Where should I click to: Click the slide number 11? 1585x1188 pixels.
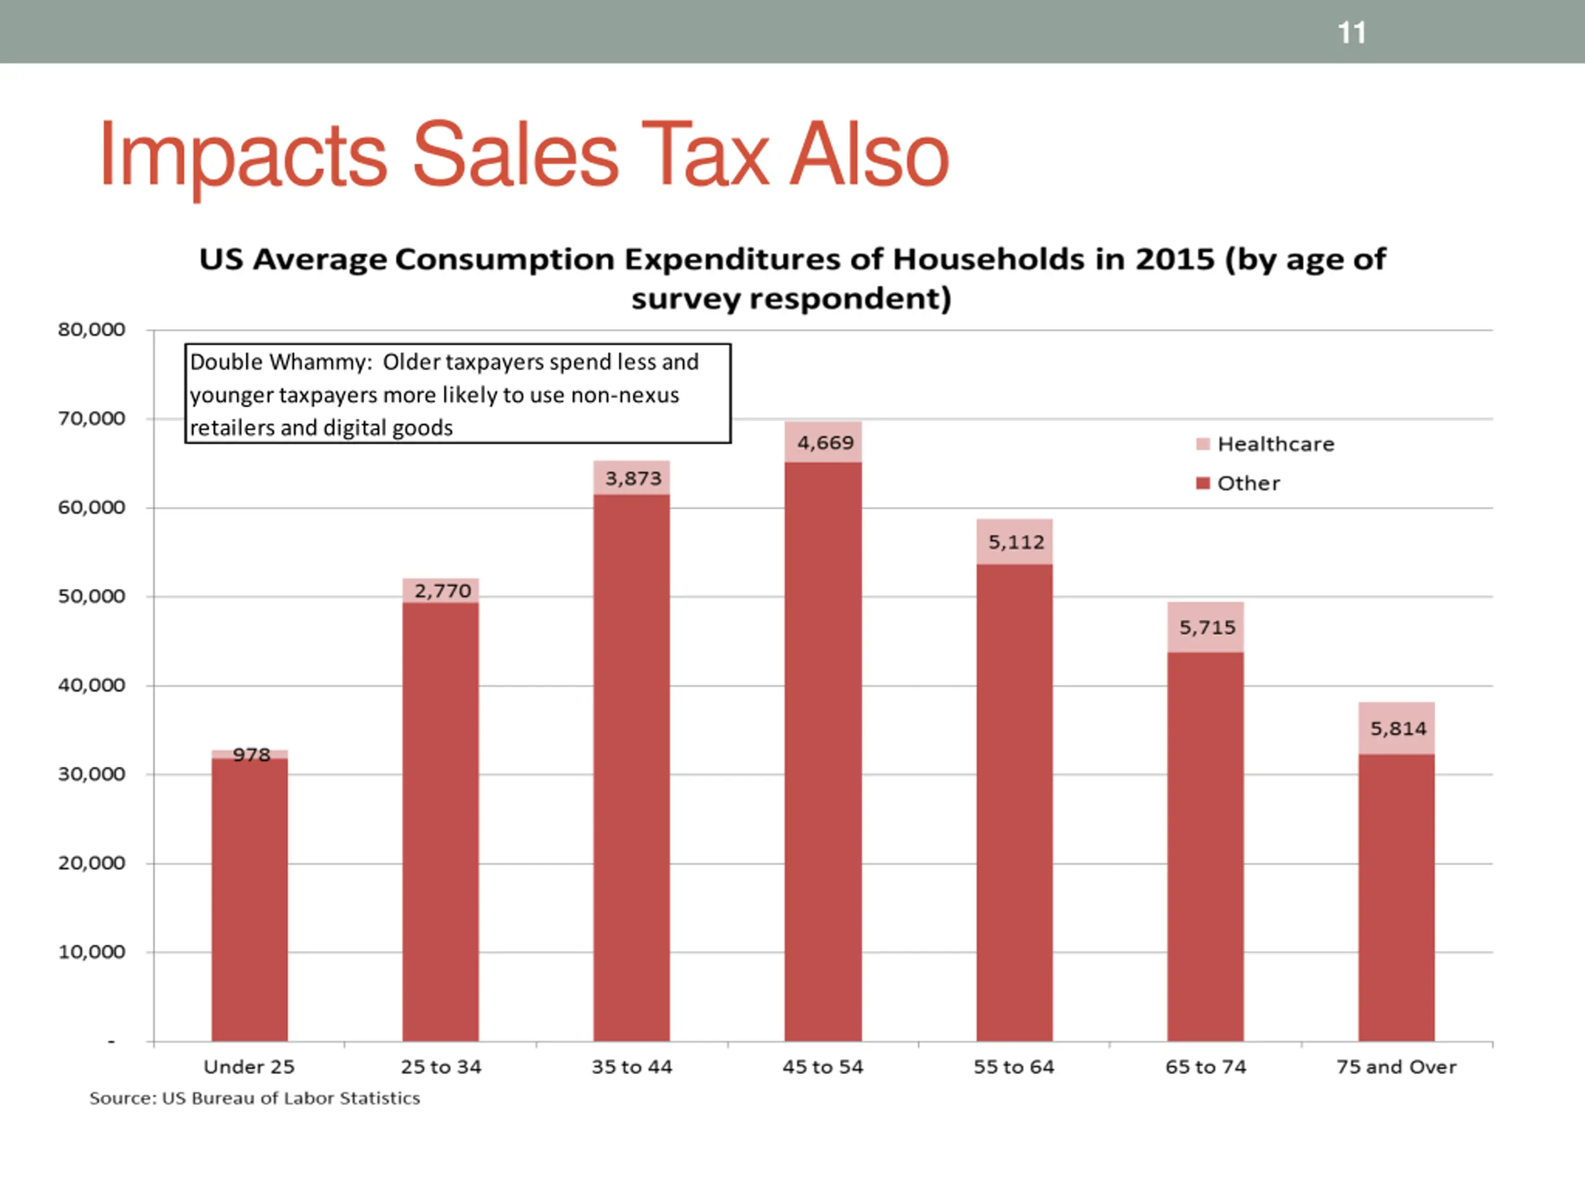click(1352, 33)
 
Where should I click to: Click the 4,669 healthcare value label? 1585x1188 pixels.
click(825, 442)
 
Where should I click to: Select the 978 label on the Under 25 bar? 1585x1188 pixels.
click(251, 754)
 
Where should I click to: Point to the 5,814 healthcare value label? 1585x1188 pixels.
click(1398, 728)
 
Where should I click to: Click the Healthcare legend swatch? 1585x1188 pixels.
click(1203, 444)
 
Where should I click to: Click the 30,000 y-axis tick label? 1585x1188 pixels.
click(91, 774)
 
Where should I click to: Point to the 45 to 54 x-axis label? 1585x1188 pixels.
click(823, 1067)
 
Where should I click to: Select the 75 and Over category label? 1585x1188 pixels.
click(1396, 1067)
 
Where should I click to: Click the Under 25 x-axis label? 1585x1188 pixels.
click(249, 1067)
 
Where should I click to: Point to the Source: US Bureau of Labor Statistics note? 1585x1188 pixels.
click(254, 1098)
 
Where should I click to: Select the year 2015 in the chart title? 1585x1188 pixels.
click(1175, 259)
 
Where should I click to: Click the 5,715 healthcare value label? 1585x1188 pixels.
click(1207, 627)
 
